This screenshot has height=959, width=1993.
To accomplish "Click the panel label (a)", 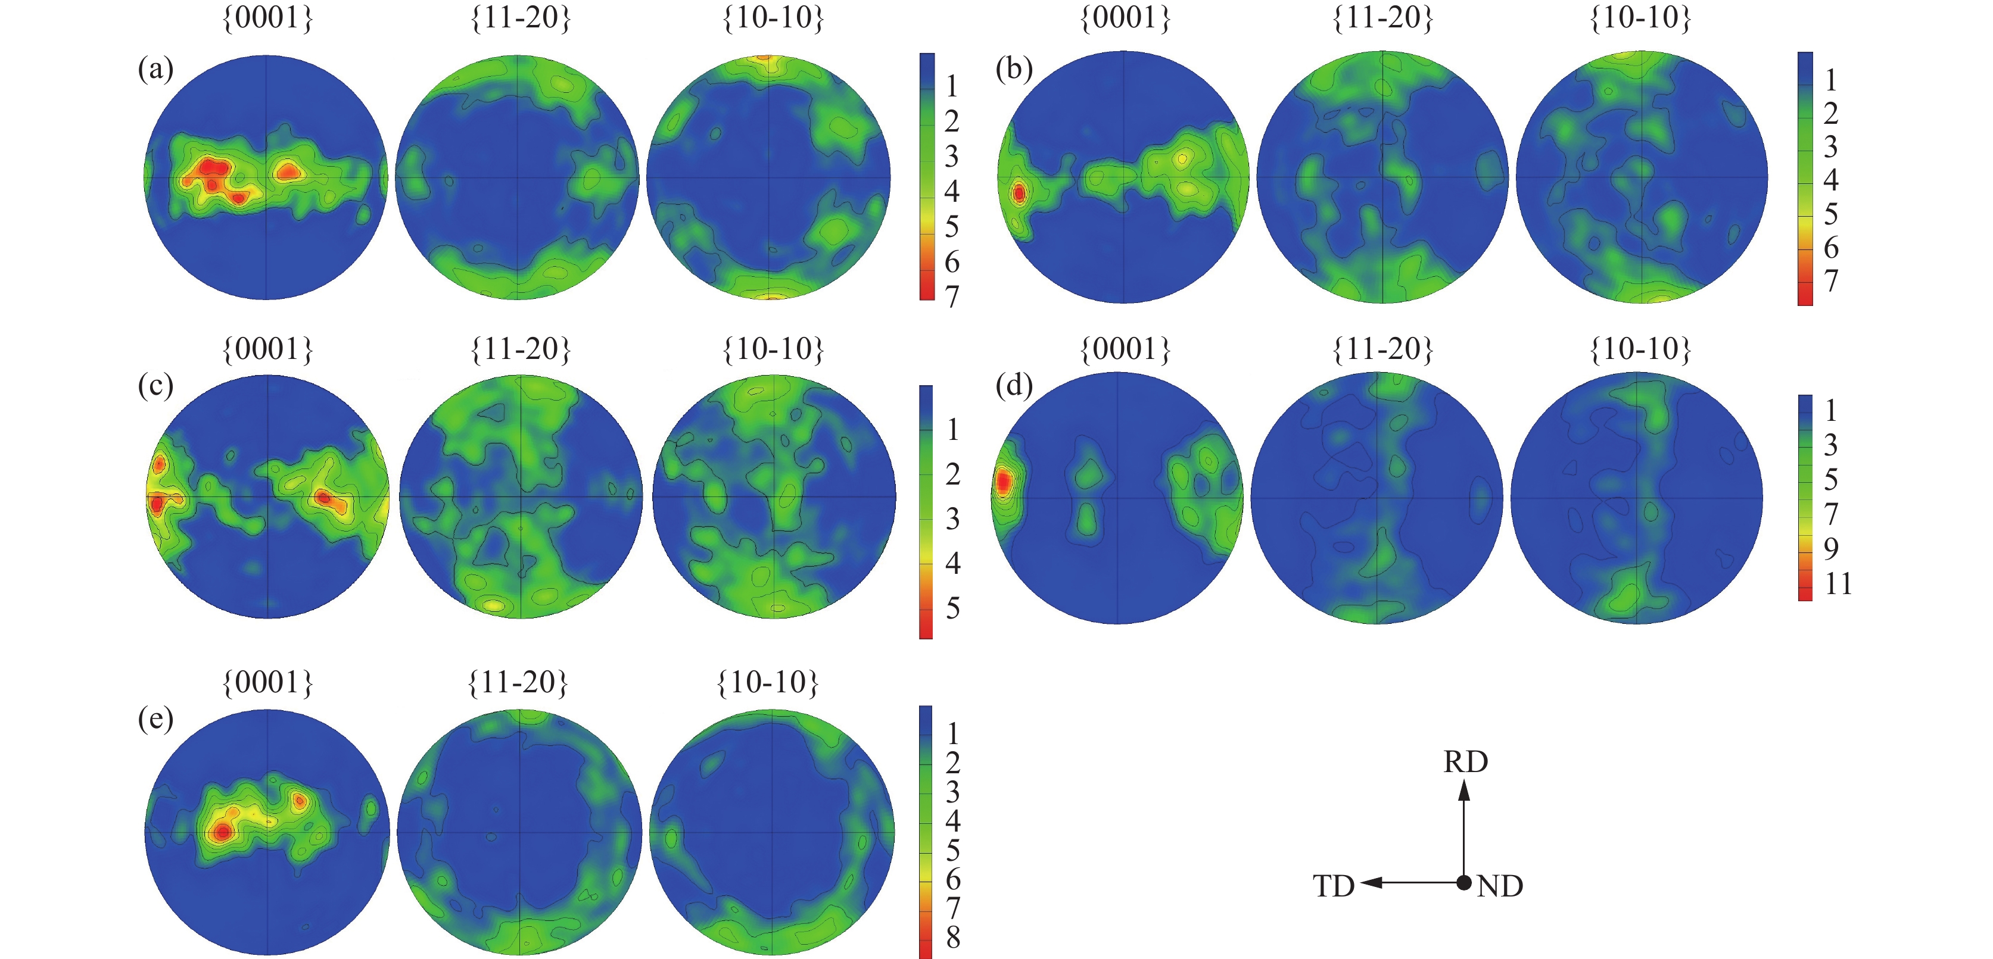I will click(155, 70).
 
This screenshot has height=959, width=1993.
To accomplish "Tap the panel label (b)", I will click(1014, 70).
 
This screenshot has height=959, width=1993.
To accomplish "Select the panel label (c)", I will click(155, 385).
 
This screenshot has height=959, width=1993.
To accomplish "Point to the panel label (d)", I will click(1014, 385).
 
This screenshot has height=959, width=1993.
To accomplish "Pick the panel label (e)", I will click(155, 719).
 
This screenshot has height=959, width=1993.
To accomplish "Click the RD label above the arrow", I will click(1465, 762).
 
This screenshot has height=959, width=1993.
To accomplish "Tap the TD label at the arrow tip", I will click(1333, 886).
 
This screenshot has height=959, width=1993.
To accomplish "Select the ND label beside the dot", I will click(1499, 886).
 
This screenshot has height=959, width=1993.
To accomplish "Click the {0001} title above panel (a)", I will click(267, 18).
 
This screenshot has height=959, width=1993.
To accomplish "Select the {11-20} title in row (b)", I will click(1382, 18).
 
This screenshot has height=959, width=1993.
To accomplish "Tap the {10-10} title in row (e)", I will click(768, 682).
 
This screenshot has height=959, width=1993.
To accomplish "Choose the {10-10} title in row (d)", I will click(1640, 349).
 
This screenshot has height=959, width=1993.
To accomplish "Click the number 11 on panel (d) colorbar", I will click(1838, 584).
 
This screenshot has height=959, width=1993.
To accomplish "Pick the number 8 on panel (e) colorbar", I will click(953, 938).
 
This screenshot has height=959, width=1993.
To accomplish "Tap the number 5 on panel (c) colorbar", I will click(953, 608).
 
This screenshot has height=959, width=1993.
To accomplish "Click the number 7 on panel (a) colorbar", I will click(952, 296).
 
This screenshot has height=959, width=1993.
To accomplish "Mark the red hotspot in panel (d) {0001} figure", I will click(1002, 483).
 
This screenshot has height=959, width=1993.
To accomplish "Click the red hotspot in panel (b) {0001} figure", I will click(1018, 193).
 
